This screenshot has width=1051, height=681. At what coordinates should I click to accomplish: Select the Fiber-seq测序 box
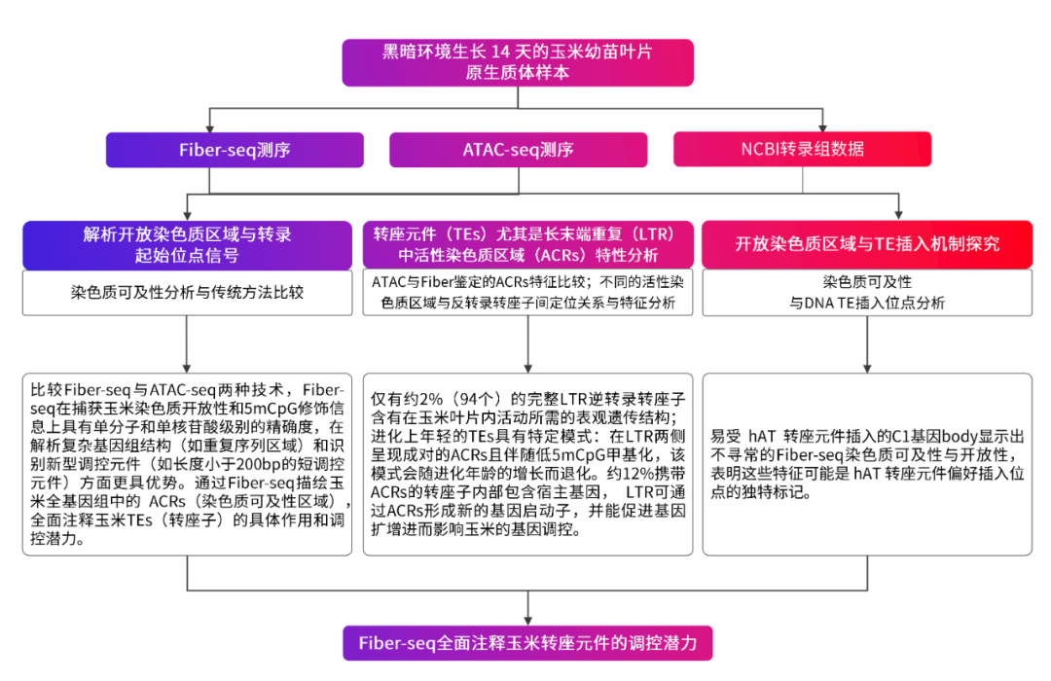[x=235, y=150]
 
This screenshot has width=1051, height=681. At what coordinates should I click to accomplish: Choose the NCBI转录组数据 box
[x=802, y=150]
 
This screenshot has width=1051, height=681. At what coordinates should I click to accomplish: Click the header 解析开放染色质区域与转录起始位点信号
[x=187, y=244]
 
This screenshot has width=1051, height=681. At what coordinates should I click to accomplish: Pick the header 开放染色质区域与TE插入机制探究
[x=867, y=244]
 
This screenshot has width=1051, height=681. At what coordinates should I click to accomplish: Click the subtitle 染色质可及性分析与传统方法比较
[x=187, y=292]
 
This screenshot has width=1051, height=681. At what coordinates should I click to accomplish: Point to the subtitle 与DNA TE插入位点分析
[x=867, y=303]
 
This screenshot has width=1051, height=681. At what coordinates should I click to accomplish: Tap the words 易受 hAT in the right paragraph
[x=745, y=438]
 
